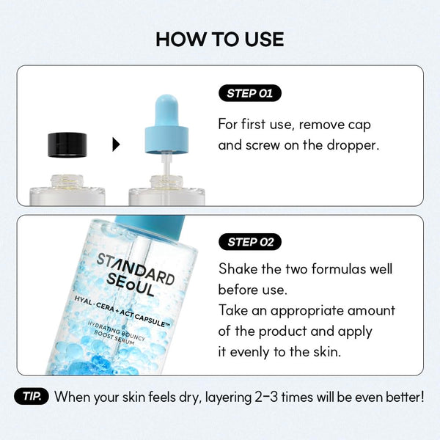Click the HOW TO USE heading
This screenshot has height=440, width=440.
point(219,39)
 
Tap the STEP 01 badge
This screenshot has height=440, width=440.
point(249,93)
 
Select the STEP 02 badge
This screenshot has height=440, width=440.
point(249,241)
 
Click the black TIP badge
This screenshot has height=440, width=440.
point(32,397)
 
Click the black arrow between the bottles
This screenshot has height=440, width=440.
point(116,144)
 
